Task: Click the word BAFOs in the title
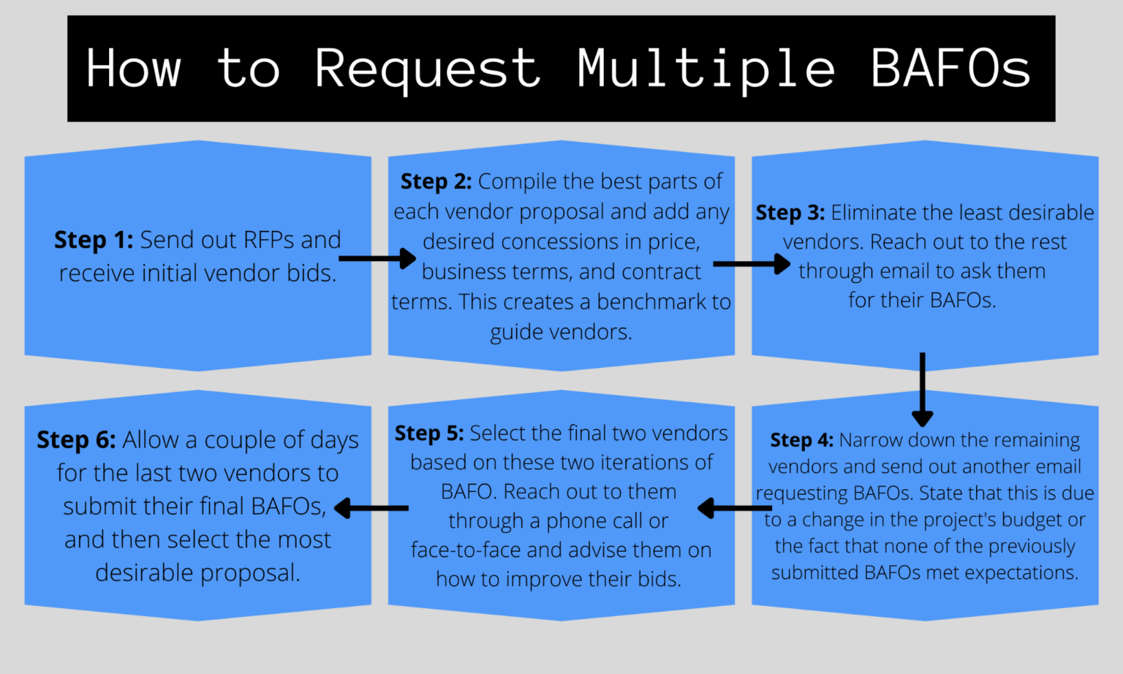950,69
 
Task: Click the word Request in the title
428,69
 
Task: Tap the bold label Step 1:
94,240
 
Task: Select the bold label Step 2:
436,181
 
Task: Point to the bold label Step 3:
790,213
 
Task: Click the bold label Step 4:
801,440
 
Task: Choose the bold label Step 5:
429,433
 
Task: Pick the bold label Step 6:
76,440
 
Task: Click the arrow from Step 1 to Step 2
377,258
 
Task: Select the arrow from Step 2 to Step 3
752,264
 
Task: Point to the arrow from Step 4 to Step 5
734,508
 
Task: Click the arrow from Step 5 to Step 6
371,508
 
